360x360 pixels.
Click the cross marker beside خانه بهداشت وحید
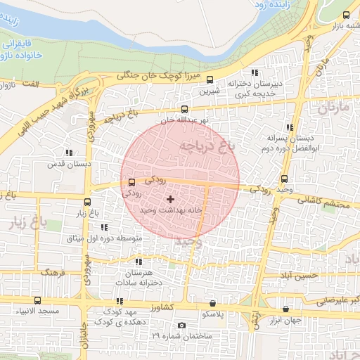pos(170,200)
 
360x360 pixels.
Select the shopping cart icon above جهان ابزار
pos(285,309)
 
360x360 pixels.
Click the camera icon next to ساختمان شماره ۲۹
pos(182,325)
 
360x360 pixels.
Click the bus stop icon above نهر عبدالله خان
pos(184,109)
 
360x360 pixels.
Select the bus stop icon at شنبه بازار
pos(345,15)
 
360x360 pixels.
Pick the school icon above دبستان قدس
pos(69,152)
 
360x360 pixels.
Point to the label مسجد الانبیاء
pos(39,311)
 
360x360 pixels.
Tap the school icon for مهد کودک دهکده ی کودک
pos(117,301)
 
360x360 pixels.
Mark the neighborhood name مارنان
pos(332,108)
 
